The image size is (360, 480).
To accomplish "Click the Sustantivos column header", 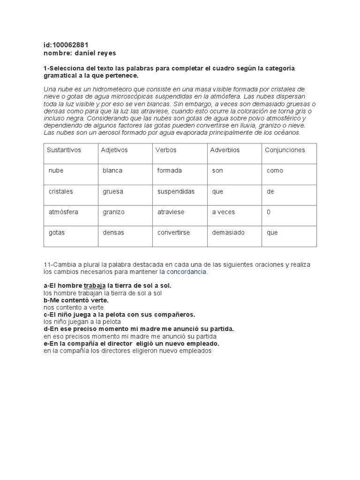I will click(x=64, y=150).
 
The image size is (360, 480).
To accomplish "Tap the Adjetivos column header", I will click(x=114, y=150).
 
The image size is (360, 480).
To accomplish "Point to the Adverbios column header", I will click(x=225, y=150).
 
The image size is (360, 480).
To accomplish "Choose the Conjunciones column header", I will click(x=285, y=150).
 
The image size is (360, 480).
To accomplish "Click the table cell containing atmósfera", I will click(x=63, y=212).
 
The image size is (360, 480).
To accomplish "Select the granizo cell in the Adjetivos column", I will click(x=114, y=212).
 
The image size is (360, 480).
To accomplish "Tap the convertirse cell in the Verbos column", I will click(x=173, y=232).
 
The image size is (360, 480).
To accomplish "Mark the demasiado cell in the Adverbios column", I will click(x=228, y=232).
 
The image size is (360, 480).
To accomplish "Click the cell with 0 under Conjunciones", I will click(x=269, y=212).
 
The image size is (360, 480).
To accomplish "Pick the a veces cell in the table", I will click(x=223, y=212).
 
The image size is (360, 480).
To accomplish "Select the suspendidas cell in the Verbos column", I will click(x=176, y=191).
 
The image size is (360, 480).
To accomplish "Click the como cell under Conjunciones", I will click(x=275, y=171).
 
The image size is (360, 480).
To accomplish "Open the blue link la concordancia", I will click(x=183, y=272).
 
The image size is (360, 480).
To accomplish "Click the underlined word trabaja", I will click(x=95, y=285).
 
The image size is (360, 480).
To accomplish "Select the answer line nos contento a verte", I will click(x=74, y=307).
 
